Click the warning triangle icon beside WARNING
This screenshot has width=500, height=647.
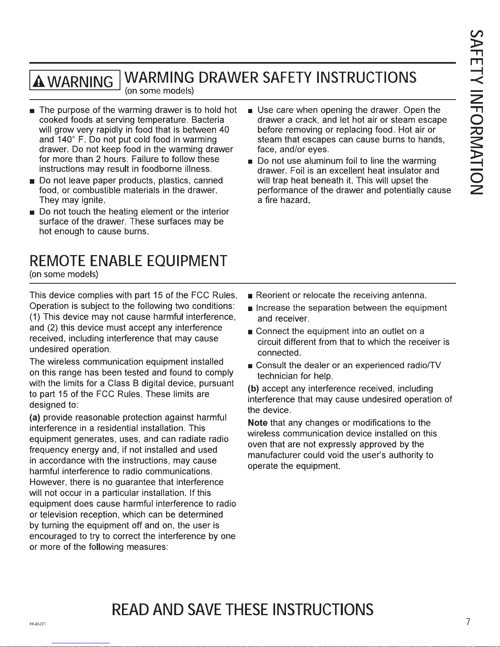[x=40, y=81]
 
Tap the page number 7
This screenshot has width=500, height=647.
[x=468, y=622]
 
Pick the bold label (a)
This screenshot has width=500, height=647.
[x=35, y=418]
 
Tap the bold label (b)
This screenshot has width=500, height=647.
[x=253, y=389]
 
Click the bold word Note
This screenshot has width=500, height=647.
[x=258, y=423]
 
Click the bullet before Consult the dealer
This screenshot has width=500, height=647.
[x=250, y=366]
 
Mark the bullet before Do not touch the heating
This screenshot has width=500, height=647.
[x=32, y=212]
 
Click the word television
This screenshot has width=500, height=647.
[x=63, y=515]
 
